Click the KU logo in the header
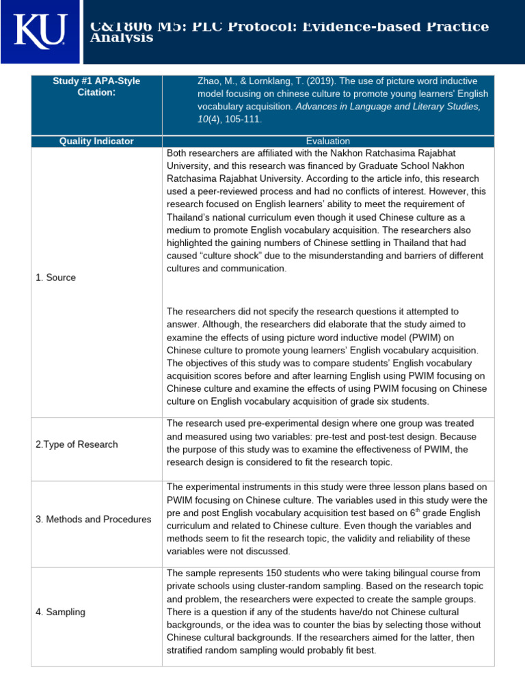point(40,32)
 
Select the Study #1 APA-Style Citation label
point(96,86)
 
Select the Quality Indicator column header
point(96,141)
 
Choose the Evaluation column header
point(328,141)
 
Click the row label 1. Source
point(55,278)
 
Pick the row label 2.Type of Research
point(77,444)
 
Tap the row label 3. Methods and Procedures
point(93,520)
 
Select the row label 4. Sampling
point(60,612)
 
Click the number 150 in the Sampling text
point(262,573)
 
